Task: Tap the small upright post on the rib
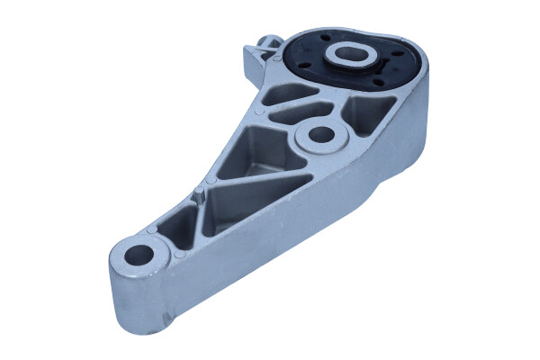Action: coord(201,193)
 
